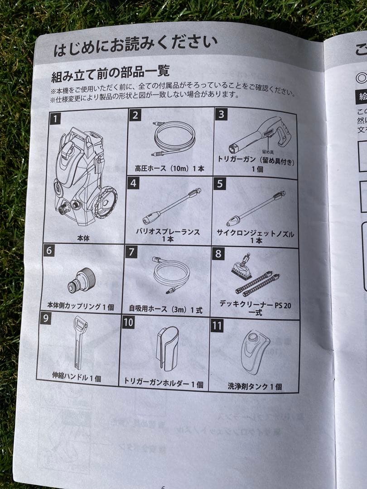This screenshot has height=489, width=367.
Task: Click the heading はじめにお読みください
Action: click(x=135, y=45)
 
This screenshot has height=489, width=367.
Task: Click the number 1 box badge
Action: click(x=55, y=119)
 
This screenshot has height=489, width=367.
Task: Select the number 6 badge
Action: click(x=49, y=250)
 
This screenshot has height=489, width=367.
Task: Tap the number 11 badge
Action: click(x=217, y=326)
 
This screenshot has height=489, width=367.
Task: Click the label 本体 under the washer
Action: click(x=83, y=237)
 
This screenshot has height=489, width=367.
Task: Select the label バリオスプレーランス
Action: click(x=168, y=232)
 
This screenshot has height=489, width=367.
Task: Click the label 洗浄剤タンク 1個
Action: click(x=254, y=387)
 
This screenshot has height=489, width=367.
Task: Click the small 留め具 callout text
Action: click(x=268, y=153)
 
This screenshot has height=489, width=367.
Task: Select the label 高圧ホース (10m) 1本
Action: click(x=169, y=168)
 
